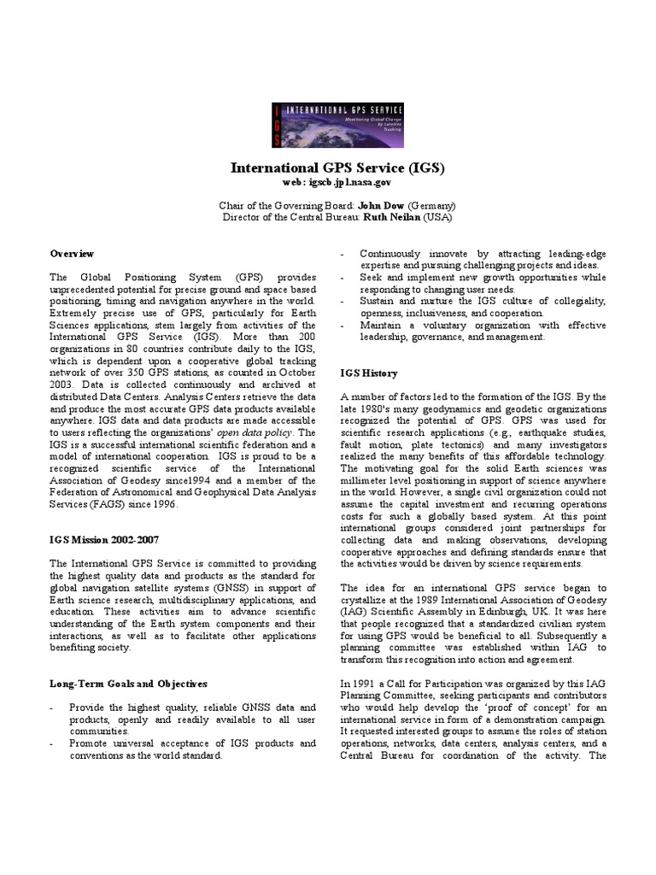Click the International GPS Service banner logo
(337, 125)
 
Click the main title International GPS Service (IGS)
(337, 167)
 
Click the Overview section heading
(72, 254)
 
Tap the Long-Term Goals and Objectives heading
(128, 684)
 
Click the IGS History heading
(369, 373)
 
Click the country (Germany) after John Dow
(430, 206)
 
